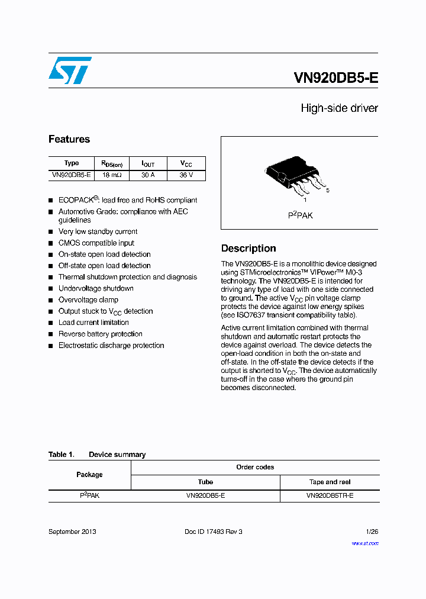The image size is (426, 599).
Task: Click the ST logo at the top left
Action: coord(70,70)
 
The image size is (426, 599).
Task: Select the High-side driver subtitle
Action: coord(339,108)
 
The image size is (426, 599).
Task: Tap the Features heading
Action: coord(69,139)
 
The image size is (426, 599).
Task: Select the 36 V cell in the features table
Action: coord(186,175)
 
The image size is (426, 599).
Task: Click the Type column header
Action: coord(71,163)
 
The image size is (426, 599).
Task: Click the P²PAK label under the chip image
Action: coord(300,215)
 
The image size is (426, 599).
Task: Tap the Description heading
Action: coord(248,249)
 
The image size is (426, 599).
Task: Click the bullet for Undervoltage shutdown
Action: coord(51,289)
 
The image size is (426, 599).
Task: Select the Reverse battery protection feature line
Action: coord(100,334)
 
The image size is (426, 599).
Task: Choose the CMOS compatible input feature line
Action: coord(96,243)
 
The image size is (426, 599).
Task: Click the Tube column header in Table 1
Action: coord(205,482)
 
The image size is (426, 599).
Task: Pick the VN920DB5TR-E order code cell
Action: coord(330,495)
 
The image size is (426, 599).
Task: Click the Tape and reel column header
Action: coord(330,482)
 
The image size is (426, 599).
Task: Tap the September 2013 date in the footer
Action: coord(72,532)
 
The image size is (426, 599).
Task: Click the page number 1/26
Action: coord(372,532)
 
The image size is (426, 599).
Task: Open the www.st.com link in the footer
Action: coord(364,543)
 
